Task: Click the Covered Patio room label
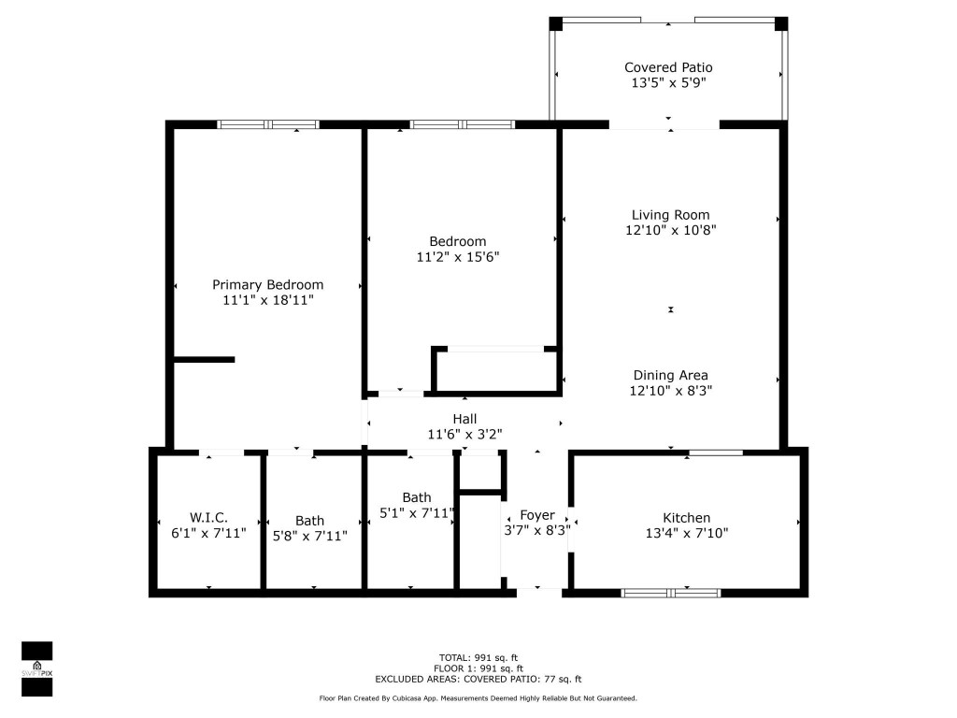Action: (x=668, y=67)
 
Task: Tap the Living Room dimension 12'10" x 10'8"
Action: (x=670, y=230)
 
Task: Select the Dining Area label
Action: (x=670, y=376)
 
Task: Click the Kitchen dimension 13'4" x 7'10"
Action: (x=687, y=534)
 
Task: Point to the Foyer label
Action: (x=537, y=515)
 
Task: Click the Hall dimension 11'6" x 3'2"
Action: (x=465, y=434)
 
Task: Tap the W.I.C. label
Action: (x=208, y=518)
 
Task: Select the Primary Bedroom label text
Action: (x=267, y=285)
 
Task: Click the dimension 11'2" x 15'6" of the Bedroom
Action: (x=458, y=256)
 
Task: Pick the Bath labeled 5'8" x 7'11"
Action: (x=310, y=528)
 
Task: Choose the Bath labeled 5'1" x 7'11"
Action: (x=417, y=505)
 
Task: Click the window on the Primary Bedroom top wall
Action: (x=268, y=124)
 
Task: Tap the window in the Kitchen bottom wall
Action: (x=671, y=593)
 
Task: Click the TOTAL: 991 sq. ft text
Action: (x=478, y=657)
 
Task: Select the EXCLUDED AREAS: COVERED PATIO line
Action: (x=478, y=680)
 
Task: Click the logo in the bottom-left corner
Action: (x=36, y=668)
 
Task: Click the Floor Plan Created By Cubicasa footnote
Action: (x=478, y=698)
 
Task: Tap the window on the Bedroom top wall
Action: (x=463, y=124)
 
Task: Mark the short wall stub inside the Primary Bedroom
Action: (x=204, y=359)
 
